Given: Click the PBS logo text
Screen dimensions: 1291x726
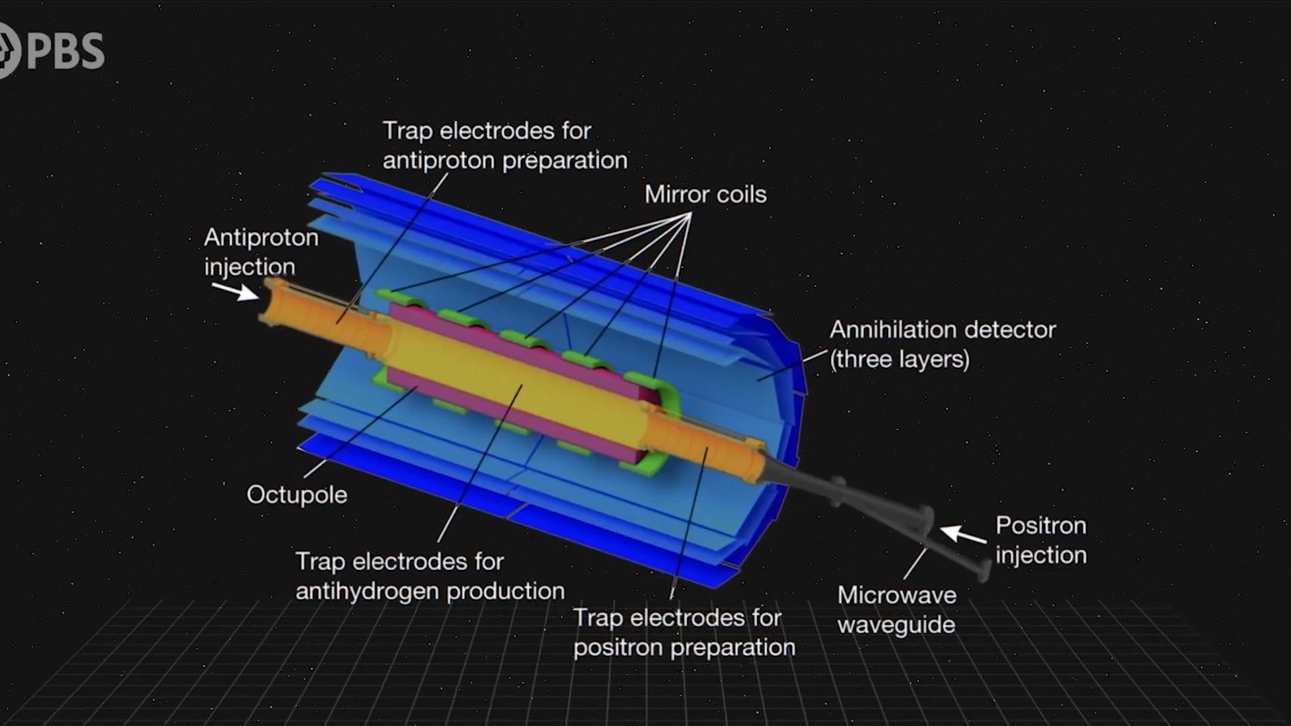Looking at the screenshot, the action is click(x=66, y=51).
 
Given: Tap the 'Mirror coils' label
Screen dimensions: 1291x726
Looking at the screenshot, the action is click(x=705, y=194).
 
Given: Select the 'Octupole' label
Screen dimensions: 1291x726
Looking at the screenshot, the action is click(x=297, y=495).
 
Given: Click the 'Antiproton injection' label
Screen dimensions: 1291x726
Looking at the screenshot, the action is click(x=261, y=252).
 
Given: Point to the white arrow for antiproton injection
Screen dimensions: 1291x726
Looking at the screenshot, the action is click(x=235, y=291).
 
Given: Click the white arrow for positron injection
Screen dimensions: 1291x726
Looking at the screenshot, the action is click(x=963, y=535).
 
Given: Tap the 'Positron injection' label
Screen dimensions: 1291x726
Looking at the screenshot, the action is click(x=1041, y=540).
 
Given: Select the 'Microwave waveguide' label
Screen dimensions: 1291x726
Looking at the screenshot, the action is click(x=897, y=610).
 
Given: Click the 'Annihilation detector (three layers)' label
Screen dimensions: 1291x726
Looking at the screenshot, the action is click(x=943, y=344).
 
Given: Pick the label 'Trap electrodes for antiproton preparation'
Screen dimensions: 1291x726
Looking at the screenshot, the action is click(x=505, y=145).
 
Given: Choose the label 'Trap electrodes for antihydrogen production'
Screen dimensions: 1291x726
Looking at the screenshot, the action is click(x=430, y=576).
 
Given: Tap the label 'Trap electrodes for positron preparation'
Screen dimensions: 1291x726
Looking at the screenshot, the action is click(x=684, y=633).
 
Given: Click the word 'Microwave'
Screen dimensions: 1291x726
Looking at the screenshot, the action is click(x=897, y=595).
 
